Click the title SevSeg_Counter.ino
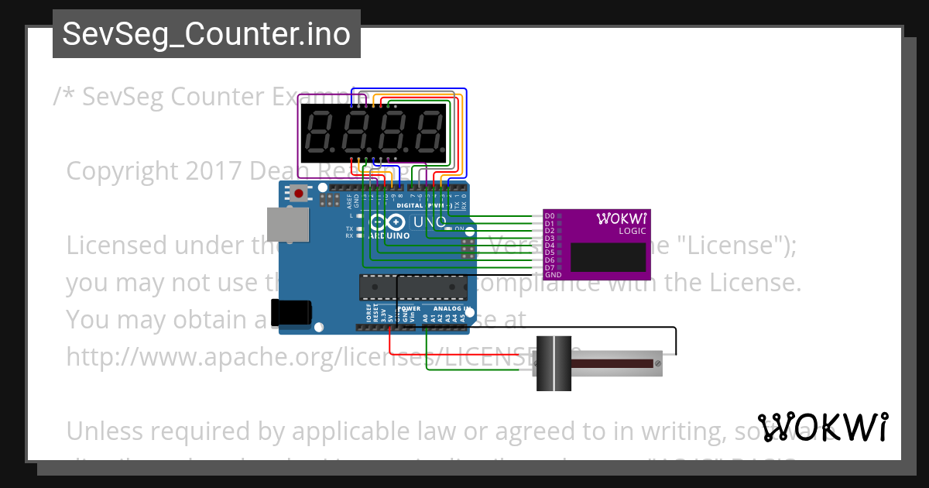pos(206,34)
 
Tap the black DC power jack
pos(292,312)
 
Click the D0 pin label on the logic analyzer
pos(550,215)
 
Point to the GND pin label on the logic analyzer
pos(553,275)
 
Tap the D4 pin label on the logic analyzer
pos(550,245)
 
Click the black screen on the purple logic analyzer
pos(608,257)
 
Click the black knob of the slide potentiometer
pos(554,363)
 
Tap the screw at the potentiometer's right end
pos(657,363)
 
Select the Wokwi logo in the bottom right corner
pos(822,427)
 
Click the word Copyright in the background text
pos(122,170)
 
